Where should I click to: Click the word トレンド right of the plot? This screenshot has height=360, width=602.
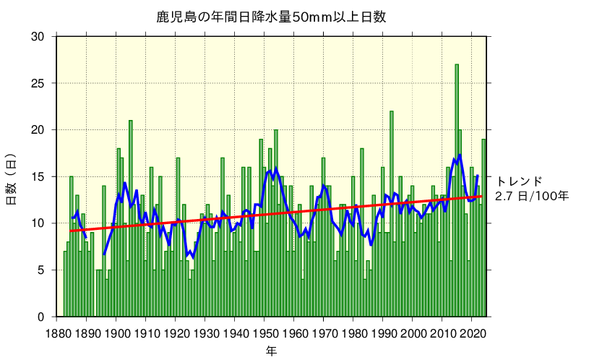pos(519,181)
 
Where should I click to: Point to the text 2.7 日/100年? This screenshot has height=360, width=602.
pos(532,196)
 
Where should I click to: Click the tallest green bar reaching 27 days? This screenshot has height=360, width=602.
pos(457,192)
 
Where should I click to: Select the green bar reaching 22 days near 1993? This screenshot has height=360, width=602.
pos(392,217)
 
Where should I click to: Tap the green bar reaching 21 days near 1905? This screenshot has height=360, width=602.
pos(131,220)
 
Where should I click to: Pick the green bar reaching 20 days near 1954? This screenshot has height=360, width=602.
pos(276,224)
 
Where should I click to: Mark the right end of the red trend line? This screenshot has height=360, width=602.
pos(482,196)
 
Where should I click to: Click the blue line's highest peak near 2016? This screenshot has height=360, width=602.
pos(460,155)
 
